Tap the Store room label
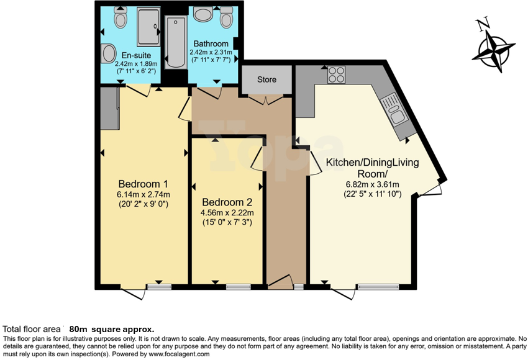266,79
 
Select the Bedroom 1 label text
143,184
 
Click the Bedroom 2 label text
227,202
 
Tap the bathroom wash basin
203,14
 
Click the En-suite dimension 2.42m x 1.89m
135,63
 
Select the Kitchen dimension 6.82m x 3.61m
372,184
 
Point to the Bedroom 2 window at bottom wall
238,287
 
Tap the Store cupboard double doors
266,99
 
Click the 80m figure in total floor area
79,329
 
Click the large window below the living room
377,287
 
